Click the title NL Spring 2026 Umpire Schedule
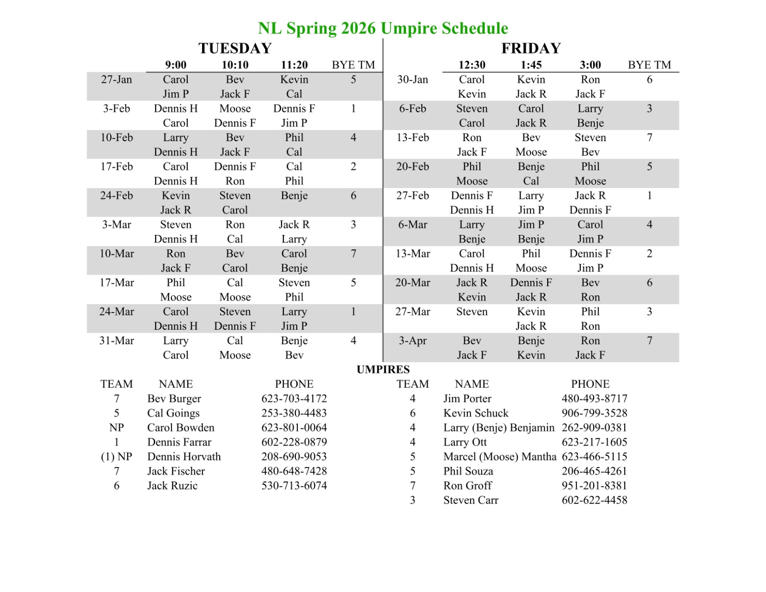point(383,28)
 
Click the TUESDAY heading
point(235,48)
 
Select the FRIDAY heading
point(531,48)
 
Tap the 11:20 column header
point(294,65)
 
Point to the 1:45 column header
point(531,65)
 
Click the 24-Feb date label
point(116,196)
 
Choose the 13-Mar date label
point(413,254)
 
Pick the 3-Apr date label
point(413,341)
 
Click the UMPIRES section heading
point(383,369)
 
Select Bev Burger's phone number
point(294,399)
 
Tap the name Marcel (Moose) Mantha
point(500,457)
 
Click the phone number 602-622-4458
point(594,500)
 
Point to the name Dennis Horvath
point(184,457)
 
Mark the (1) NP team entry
point(116,457)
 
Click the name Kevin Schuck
point(476,413)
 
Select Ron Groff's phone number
point(594,486)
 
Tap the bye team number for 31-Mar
point(353,341)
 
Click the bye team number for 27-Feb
point(649,196)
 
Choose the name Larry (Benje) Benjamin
point(498,428)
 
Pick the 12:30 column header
point(472,65)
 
